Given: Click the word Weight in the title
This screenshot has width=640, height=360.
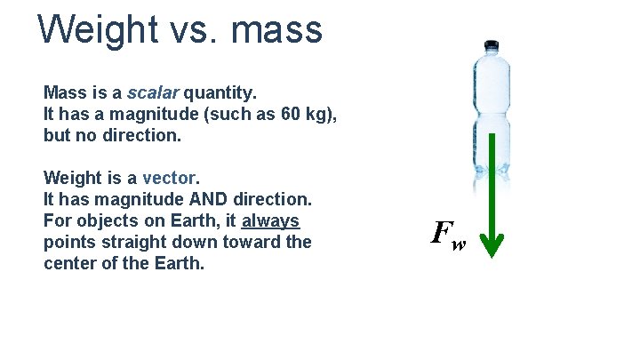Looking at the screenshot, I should (x=96, y=29).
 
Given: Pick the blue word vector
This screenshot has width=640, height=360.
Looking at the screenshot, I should (x=169, y=177).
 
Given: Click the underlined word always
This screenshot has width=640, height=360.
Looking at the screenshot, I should (x=270, y=220).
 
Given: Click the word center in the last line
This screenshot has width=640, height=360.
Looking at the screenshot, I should (x=72, y=263).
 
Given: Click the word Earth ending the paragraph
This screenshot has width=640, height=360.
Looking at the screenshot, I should (x=180, y=263).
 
